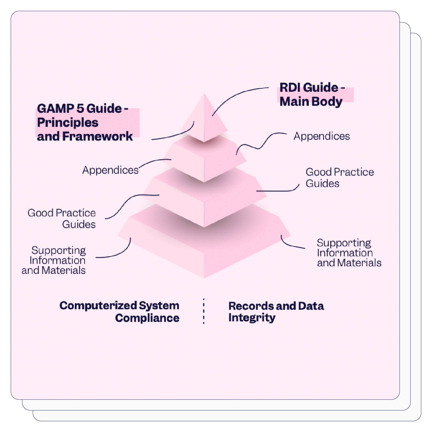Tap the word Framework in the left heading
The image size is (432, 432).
point(97,136)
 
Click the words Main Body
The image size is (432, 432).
point(311,102)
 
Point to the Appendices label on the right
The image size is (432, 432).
point(322,136)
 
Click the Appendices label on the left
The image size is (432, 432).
point(110,170)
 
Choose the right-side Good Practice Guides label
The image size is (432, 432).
point(339,178)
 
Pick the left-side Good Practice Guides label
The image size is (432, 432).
point(62,219)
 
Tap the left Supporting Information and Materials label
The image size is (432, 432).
point(54,260)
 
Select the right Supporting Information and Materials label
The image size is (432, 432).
point(349,253)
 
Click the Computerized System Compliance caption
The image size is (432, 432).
point(119,312)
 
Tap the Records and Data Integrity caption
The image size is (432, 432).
point(276,312)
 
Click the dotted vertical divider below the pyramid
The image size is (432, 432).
point(204,311)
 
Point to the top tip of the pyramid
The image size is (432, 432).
point(204,94)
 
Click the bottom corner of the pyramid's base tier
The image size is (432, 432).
point(204,277)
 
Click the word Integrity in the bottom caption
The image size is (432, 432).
point(252,318)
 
